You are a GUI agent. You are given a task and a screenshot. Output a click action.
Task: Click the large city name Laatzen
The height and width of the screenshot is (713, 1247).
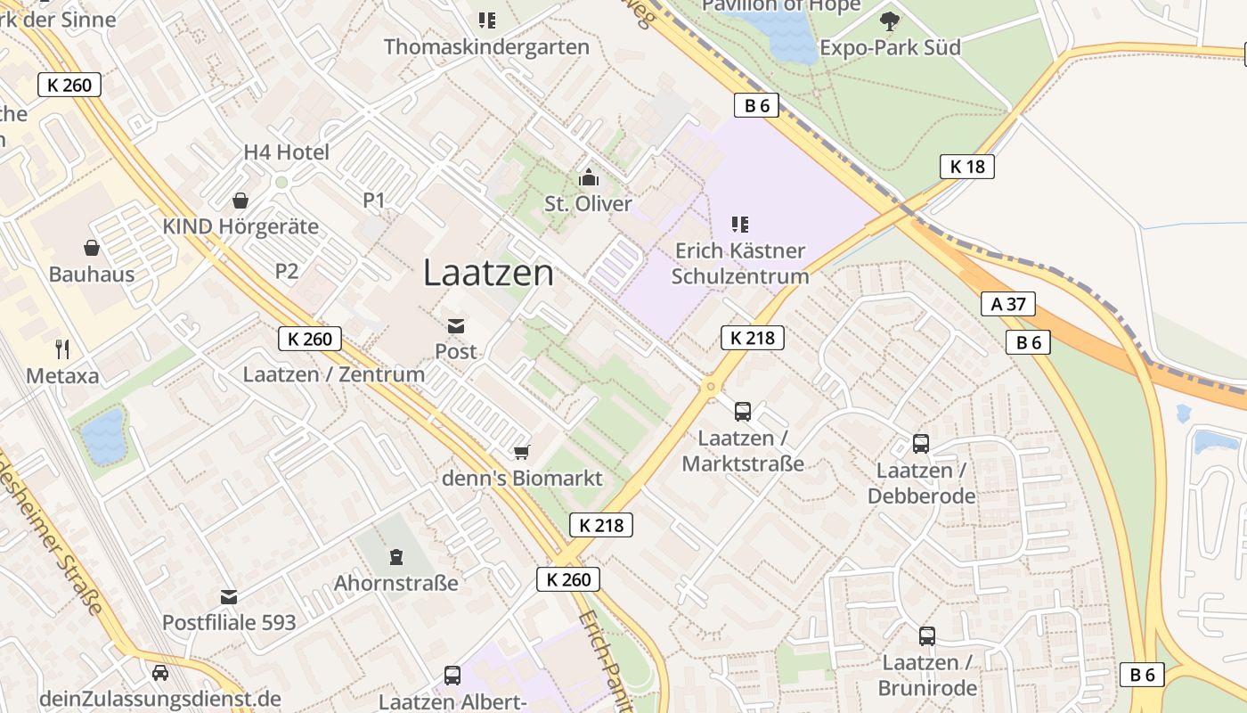[488, 273]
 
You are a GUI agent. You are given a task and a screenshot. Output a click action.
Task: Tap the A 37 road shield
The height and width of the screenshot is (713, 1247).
[1008, 304]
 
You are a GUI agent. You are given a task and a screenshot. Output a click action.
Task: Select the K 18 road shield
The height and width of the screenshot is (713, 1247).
[966, 167]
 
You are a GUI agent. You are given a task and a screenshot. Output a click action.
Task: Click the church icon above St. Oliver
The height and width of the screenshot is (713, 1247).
[588, 177]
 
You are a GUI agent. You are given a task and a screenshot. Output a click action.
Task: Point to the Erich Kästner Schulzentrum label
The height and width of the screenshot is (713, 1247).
[739, 263]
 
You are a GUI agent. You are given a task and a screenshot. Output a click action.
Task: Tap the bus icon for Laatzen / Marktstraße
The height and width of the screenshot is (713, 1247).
[743, 411]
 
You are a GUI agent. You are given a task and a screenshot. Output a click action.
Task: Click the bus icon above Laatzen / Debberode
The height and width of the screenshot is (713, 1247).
[921, 443]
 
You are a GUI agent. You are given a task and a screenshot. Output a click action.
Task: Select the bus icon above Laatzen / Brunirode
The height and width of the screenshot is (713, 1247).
[927, 635]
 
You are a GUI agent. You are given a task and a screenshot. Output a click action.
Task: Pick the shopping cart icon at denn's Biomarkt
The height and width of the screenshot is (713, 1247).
[522, 453]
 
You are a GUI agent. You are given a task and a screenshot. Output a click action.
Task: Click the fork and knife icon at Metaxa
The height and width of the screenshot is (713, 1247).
[62, 348]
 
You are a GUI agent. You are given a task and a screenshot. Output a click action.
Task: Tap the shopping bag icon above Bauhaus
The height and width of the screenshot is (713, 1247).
[92, 247]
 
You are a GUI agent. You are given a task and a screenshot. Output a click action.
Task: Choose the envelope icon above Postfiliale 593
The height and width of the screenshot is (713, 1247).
[229, 596]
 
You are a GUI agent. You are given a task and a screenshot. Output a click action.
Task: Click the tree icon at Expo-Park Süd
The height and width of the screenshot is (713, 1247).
[889, 20]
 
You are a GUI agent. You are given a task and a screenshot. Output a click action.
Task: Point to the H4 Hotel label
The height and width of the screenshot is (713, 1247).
[286, 152]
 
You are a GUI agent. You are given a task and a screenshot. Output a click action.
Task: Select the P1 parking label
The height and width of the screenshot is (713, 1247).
[374, 201]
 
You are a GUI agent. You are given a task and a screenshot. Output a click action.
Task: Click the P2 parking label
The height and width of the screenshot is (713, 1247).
[287, 271]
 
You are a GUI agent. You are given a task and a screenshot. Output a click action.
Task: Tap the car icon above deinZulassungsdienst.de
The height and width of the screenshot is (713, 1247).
[160, 673]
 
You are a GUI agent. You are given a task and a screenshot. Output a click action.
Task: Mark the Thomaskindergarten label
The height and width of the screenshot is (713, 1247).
[486, 47]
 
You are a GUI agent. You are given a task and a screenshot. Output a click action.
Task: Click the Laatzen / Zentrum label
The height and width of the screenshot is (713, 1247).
[334, 374]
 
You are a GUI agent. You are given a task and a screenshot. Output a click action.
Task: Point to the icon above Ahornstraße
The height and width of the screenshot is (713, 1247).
[396, 557]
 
